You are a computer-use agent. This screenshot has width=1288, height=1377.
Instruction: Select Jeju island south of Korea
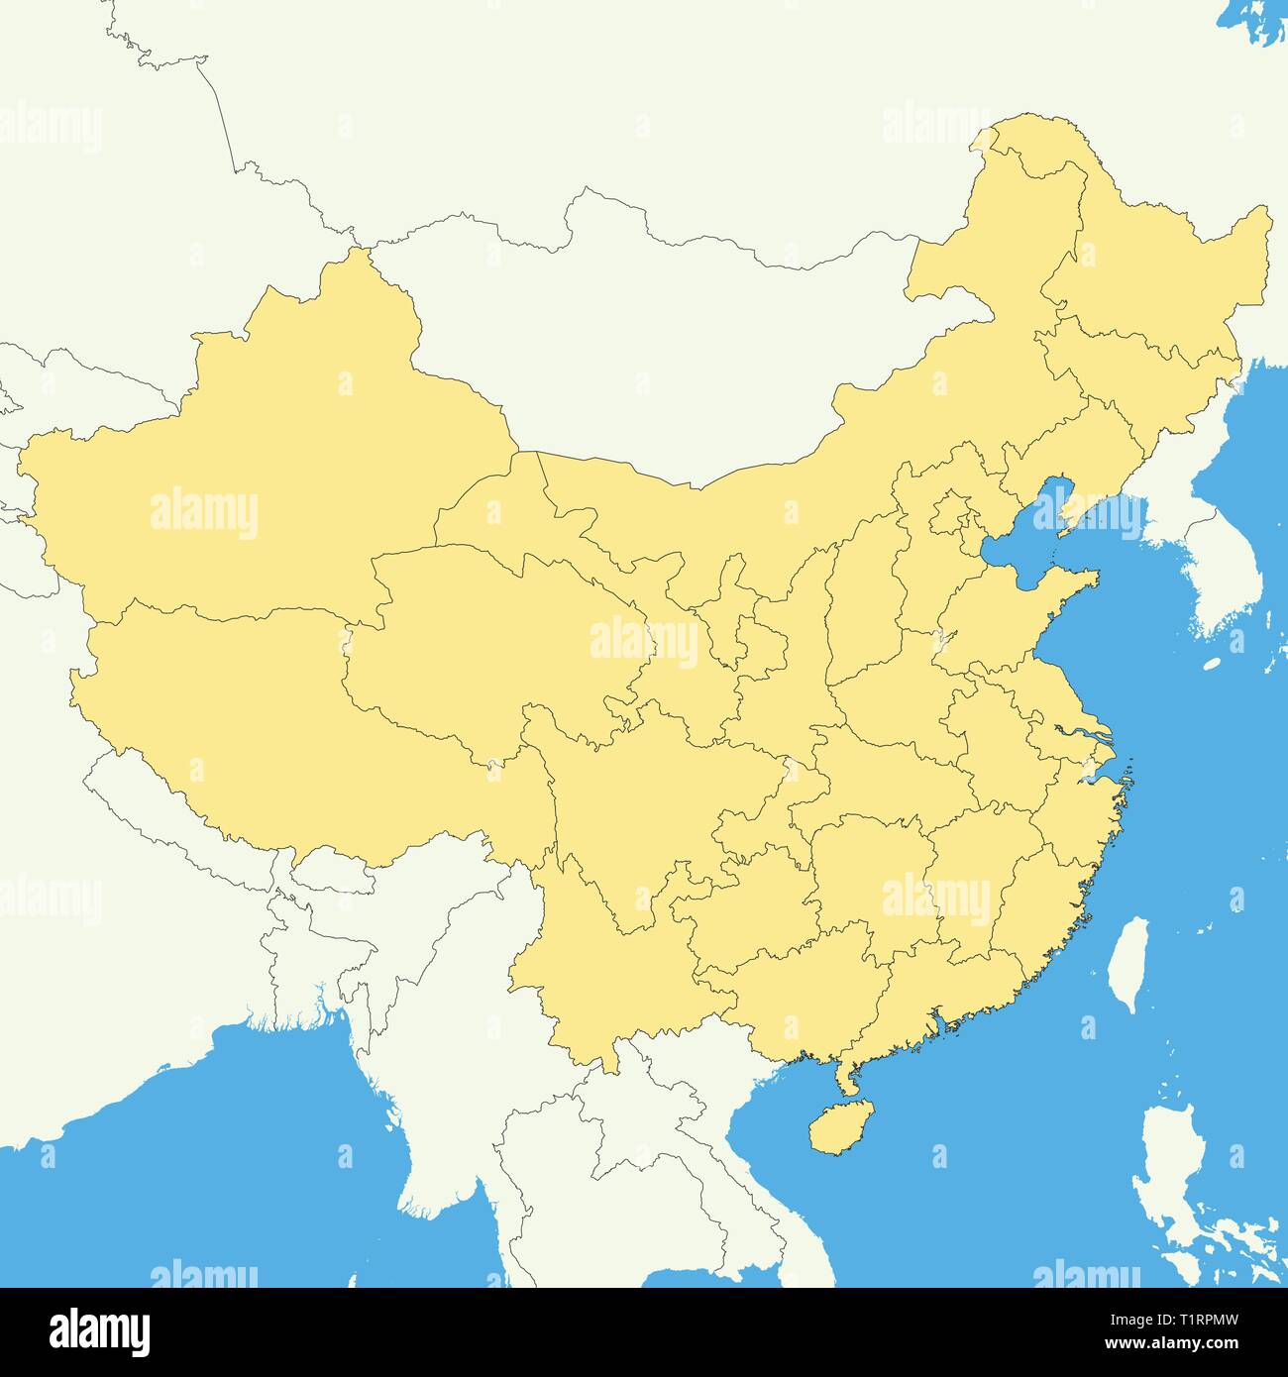pyautogui.click(x=1211, y=666)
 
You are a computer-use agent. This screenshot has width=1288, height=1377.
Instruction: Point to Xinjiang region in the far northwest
pyautogui.click(x=268, y=466)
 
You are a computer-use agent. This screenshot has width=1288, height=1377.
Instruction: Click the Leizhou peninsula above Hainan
pyautogui.click(x=843, y=1075)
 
